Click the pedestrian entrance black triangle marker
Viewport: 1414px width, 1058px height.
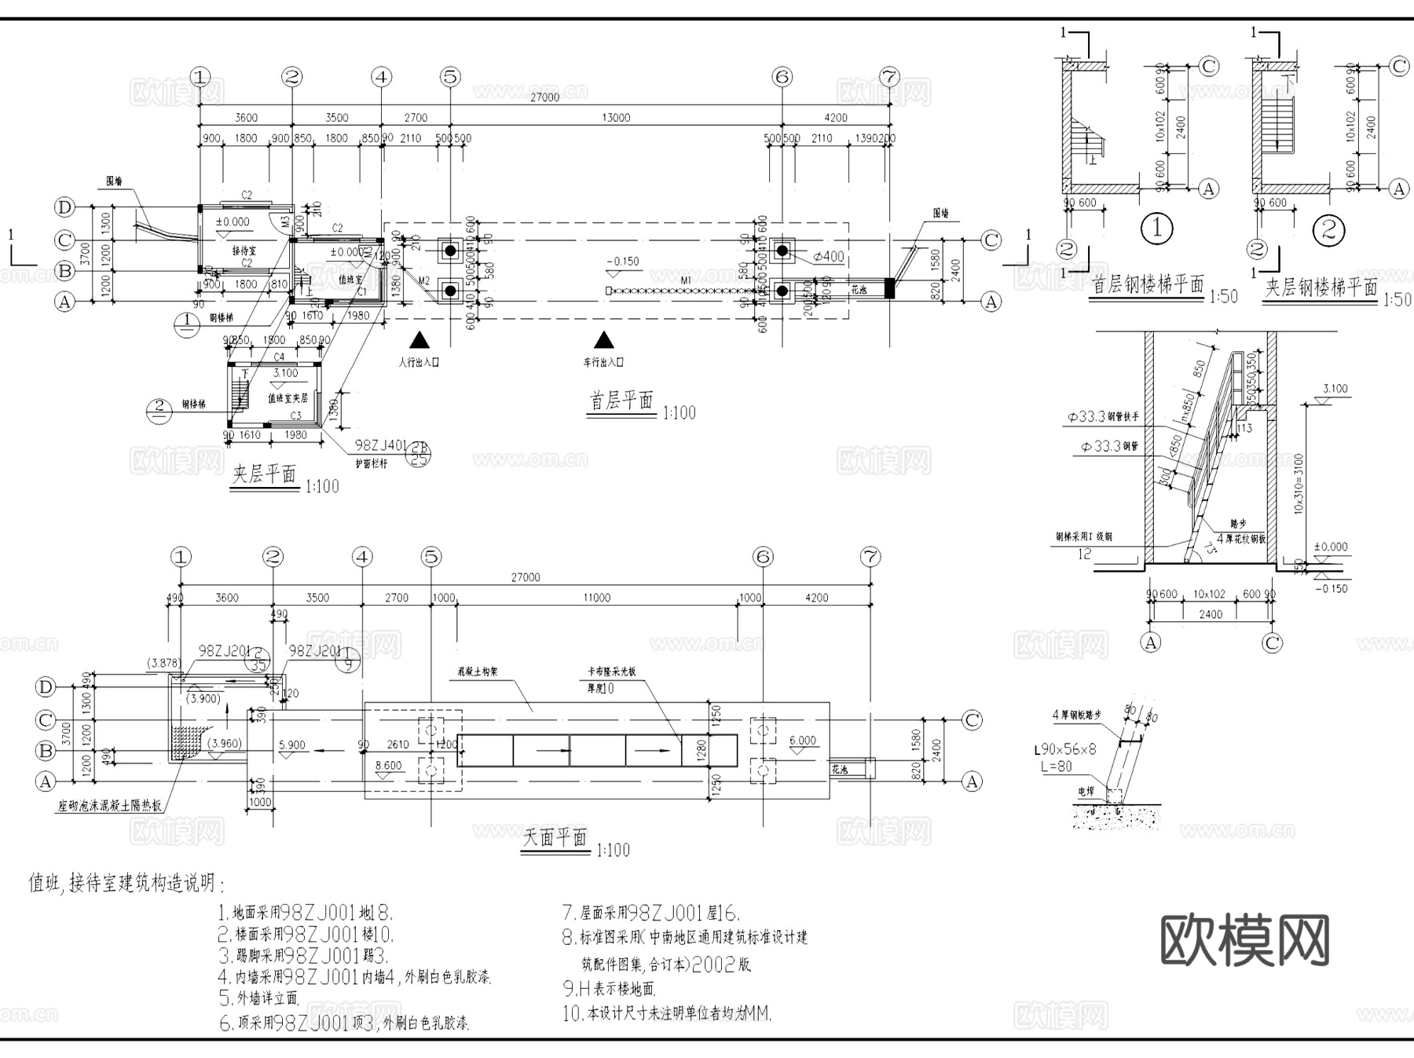click(x=420, y=340)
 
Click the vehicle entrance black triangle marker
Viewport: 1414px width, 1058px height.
click(x=603, y=340)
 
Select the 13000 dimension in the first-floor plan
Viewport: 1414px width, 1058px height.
click(x=616, y=118)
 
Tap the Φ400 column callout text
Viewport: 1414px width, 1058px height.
click(x=828, y=256)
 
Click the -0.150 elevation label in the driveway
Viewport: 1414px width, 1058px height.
click(x=623, y=262)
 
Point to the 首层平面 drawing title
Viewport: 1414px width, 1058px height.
click(x=621, y=401)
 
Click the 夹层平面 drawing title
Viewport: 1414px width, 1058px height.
click(x=265, y=474)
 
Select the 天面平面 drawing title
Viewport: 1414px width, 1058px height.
click(x=555, y=837)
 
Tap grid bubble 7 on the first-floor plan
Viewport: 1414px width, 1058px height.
click(x=889, y=77)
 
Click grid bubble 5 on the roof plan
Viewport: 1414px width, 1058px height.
click(x=431, y=557)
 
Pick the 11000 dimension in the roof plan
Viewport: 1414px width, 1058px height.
click(x=596, y=598)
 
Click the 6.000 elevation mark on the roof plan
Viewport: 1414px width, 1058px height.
click(x=802, y=741)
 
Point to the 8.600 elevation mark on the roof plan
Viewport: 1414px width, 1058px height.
click(x=388, y=765)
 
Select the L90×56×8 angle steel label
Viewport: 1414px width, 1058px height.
click(x=1064, y=750)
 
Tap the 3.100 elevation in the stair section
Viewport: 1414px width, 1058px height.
click(x=1335, y=389)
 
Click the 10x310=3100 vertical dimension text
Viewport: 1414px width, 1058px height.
click(x=1299, y=483)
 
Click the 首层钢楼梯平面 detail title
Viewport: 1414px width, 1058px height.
click(x=1148, y=285)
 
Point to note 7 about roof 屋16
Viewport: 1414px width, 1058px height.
click(x=650, y=913)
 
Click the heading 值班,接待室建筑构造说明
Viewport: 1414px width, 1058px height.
click(x=126, y=884)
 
